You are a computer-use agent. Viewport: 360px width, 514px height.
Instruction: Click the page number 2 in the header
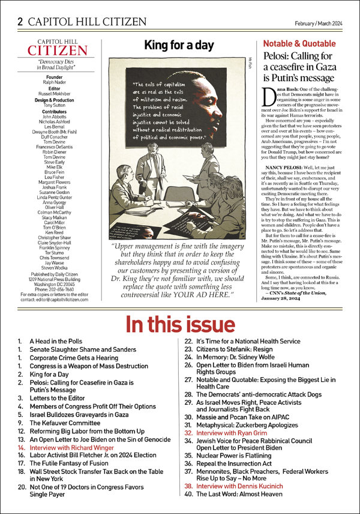click(x=20, y=22)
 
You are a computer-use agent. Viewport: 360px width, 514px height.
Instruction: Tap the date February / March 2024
click(x=319, y=23)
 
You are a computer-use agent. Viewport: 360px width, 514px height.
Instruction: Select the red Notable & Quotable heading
click(x=300, y=44)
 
